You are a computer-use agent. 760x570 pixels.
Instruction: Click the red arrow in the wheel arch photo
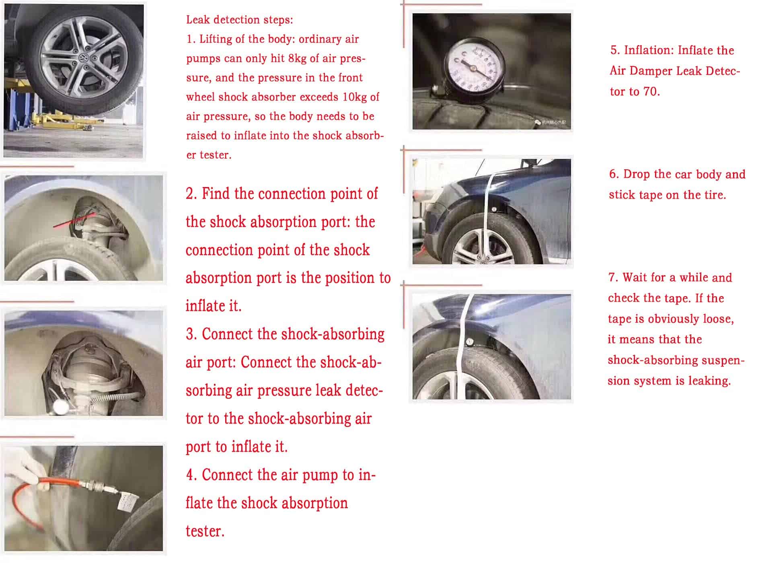tap(74, 220)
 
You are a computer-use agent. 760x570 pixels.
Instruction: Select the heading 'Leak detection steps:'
tap(239, 19)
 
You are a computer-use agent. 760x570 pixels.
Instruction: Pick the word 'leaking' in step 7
tap(709, 381)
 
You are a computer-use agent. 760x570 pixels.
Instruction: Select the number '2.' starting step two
tap(191, 194)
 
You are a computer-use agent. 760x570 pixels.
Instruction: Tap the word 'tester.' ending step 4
tap(205, 531)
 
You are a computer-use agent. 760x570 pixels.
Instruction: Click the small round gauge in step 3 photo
tap(61, 407)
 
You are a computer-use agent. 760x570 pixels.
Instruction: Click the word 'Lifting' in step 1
tap(216, 39)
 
